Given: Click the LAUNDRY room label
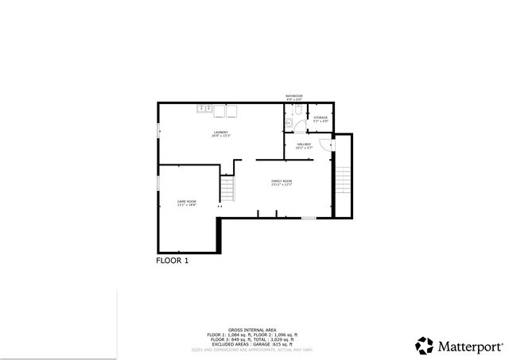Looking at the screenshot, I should click(x=220, y=132).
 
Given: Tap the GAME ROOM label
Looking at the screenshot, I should click(x=186, y=202).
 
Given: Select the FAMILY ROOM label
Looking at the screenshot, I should click(x=282, y=181).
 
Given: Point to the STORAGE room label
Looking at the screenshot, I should click(x=320, y=118).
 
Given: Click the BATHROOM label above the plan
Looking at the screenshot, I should click(x=294, y=96).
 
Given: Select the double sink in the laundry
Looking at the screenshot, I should click(x=203, y=108).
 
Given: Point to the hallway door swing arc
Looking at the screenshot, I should click(x=324, y=145).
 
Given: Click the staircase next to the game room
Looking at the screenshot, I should click(x=228, y=189).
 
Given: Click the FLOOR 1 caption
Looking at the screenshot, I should click(x=172, y=260).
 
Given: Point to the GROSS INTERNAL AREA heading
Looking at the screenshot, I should click(x=251, y=329).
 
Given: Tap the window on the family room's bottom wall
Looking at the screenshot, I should click(x=308, y=217).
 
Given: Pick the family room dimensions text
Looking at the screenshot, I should click(x=282, y=185).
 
